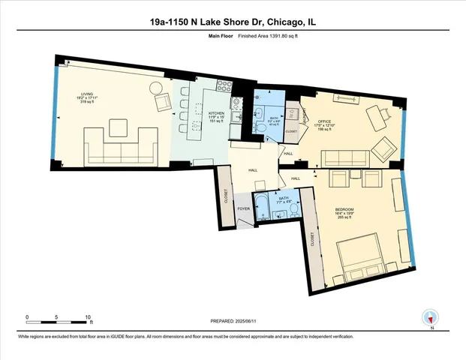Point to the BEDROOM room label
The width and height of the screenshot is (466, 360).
point(344,208)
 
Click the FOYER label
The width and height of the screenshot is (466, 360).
point(243,208)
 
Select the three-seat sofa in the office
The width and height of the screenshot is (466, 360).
point(343,159)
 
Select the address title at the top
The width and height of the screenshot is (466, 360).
point(233,22)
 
